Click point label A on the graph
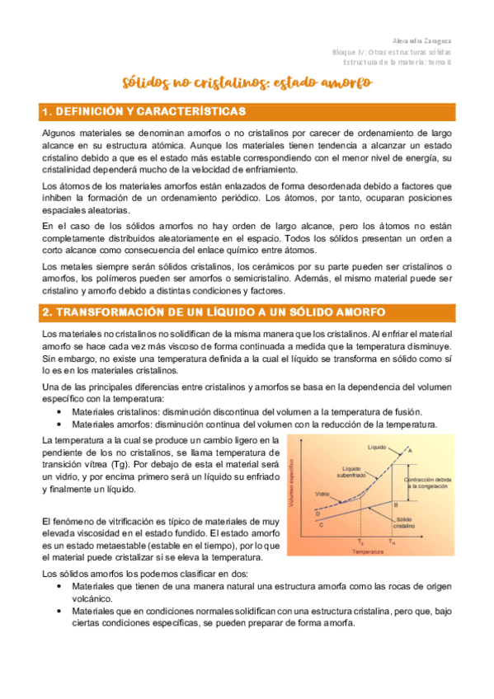[x=411, y=450]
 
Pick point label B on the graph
[x=396, y=504]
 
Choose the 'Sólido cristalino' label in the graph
[x=405, y=523]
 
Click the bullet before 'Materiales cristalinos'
[x=61, y=412]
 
